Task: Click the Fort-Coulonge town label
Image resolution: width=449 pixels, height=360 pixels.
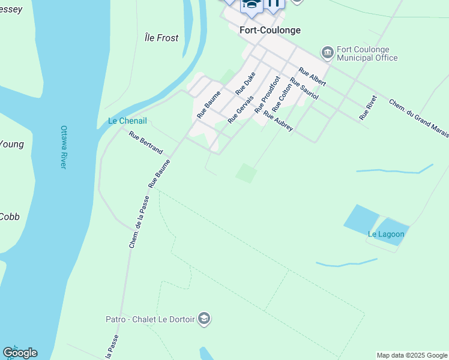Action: [270, 30]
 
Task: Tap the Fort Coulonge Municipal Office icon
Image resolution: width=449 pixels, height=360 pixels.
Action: [327, 53]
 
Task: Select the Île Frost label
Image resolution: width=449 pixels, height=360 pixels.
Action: [161, 38]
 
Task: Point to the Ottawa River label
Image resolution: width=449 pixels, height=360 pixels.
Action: [63, 147]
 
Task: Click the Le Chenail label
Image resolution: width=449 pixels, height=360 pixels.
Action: [127, 121]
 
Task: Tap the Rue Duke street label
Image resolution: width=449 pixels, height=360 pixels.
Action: [246, 83]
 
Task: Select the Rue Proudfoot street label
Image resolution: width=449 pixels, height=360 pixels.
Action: [268, 95]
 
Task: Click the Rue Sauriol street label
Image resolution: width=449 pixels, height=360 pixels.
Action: [304, 89]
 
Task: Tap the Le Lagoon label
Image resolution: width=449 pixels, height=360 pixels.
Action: [385, 234]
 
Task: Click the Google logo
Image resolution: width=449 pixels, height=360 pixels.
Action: [20, 353]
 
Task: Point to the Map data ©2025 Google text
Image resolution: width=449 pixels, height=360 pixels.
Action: [412, 355]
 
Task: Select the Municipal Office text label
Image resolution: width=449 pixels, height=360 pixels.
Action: [367, 58]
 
